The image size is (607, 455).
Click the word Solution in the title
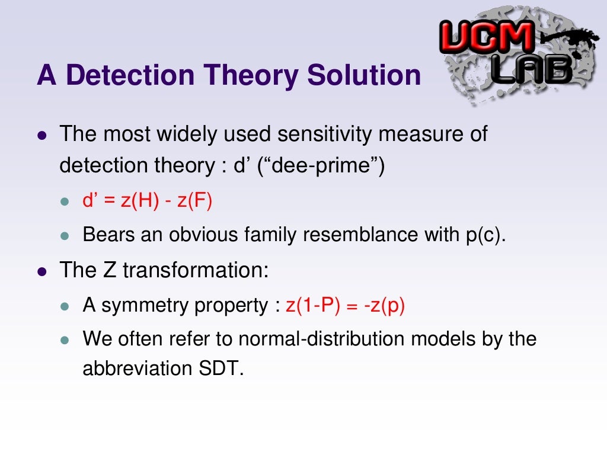[x=363, y=76]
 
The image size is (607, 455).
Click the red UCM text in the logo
[x=485, y=37]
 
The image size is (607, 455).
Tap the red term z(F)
[x=193, y=201]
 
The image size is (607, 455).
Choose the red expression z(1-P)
[x=313, y=306]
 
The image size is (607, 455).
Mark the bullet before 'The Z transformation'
[x=41, y=271]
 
